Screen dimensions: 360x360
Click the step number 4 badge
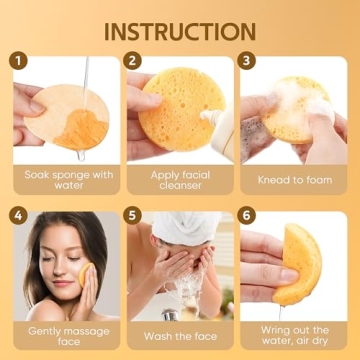tap(18, 215)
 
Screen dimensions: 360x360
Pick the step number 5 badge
tap(134, 215)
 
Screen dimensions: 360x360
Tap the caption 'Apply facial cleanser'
tap(180, 180)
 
